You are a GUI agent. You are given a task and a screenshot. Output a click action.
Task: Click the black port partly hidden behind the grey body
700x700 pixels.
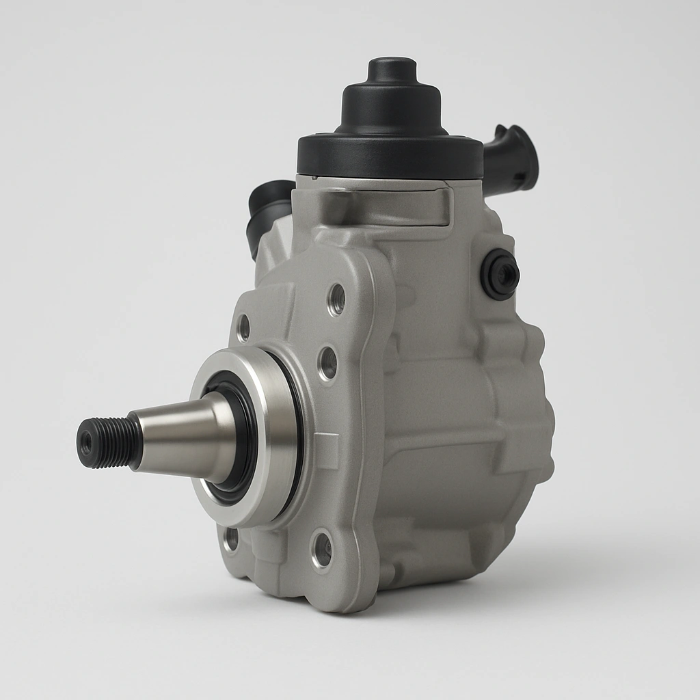[268, 205]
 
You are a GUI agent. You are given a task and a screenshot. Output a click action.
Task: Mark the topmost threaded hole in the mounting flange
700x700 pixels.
[336, 298]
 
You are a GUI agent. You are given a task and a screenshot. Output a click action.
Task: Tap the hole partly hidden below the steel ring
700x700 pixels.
[232, 539]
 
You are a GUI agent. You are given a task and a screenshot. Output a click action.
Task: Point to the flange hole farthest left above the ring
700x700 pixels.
[243, 328]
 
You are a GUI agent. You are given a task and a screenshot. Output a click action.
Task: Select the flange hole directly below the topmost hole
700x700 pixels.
[328, 362]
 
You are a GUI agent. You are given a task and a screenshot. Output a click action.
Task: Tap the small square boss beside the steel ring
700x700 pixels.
[326, 450]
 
